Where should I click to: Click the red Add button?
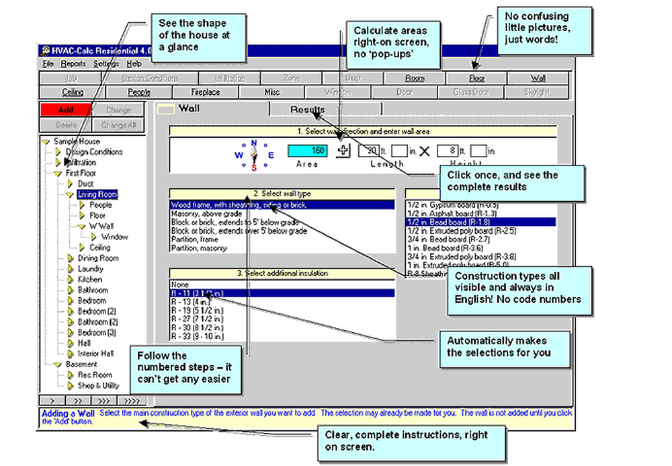click(x=65, y=110)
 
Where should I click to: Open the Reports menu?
click(x=73, y=64)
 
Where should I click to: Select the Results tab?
click(x=307, y=110)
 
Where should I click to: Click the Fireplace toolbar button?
click(x=206, y=92)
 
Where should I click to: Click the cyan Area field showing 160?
click(x=308, y=151)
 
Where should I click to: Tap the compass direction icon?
click(x=253, y=155)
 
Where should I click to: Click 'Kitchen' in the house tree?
click(x=90, y=279)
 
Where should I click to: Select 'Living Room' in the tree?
click(x=98, y=194)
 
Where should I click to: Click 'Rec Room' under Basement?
click(x=95, y=375)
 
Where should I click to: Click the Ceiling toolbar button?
click(x=73, y=92)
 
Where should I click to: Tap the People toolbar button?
click(x=139, y=92)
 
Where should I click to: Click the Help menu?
click(x=134, y=64)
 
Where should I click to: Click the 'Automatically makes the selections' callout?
click(x=499, y=347)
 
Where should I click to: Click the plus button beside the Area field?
click(x=343, y=151)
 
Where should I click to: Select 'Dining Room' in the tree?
click(x=98, y=258)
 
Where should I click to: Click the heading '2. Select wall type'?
click(x=282, y=194)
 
